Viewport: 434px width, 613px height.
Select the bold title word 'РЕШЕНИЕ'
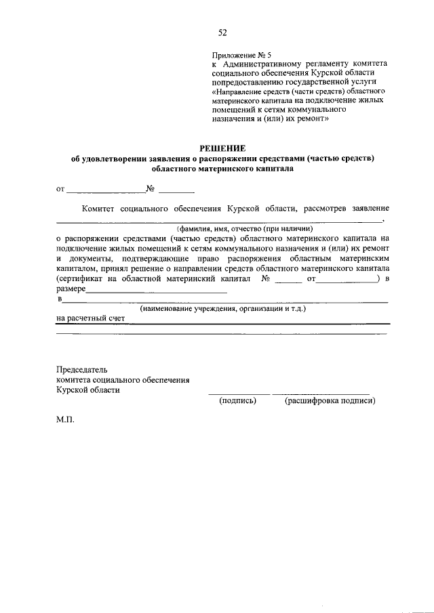click(x=222, y=148)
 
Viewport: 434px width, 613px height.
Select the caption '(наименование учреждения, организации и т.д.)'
click(x=223, y=309)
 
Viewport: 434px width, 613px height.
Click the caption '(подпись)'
click(x=237, y=400)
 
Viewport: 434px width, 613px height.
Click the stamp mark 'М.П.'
click(x=66, y=419)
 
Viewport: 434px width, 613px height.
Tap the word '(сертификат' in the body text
click(x=79, y=278)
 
